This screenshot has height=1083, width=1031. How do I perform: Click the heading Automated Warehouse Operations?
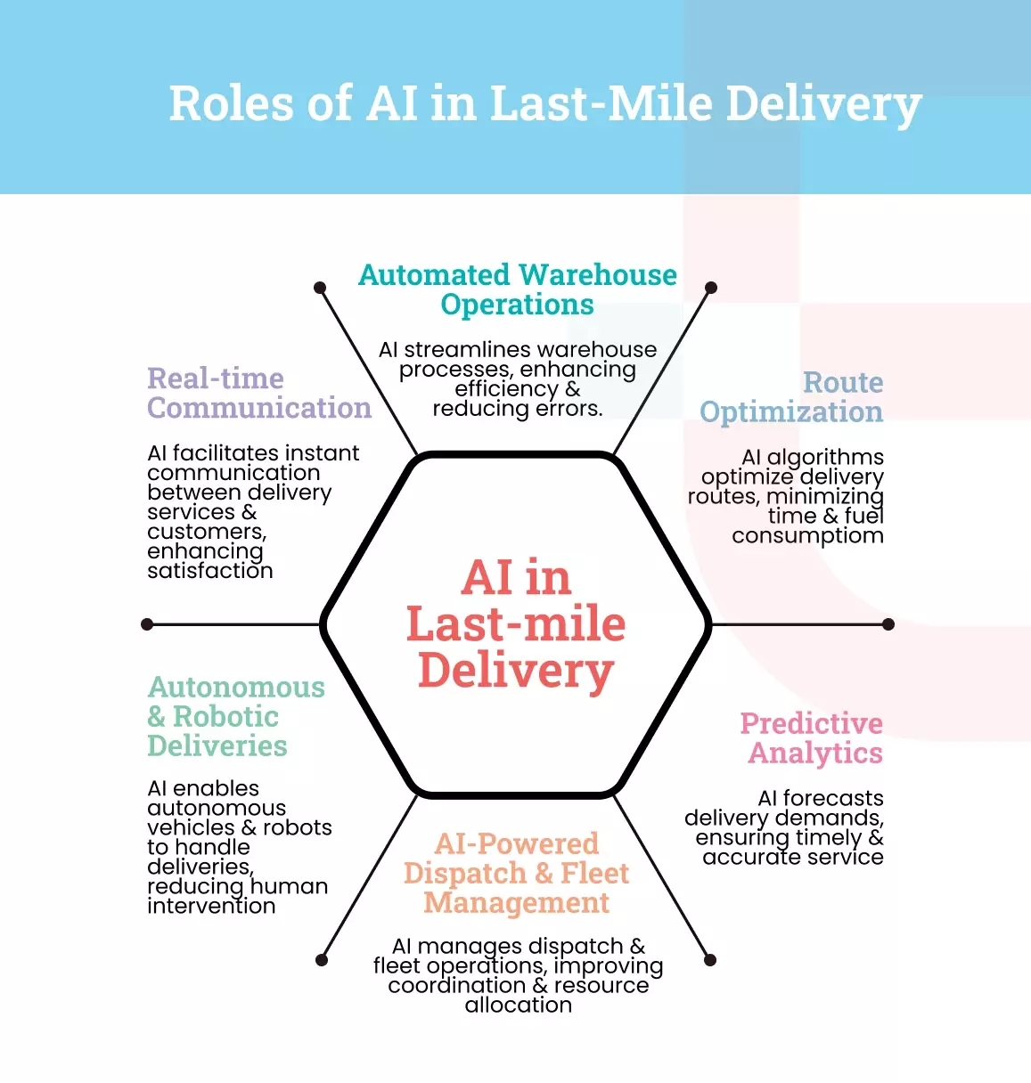[x=517, y=289]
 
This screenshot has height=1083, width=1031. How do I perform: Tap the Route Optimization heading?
[x=791, y=397]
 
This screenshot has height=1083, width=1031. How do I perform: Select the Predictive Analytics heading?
[x=812, y=737]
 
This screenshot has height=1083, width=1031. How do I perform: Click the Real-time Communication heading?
[x=258, y=393]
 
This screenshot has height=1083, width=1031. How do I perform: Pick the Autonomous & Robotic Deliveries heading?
[x=235, y=716]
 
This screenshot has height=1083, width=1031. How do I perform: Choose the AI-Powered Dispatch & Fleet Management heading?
[x=517, y=873]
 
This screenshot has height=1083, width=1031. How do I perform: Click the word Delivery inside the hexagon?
[x=516, y=671]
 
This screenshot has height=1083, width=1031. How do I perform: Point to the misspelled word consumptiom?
[x=807, y=536]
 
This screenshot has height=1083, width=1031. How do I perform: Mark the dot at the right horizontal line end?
[x=888, y=624]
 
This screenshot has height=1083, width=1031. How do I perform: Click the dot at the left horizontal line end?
[x=147, y=624]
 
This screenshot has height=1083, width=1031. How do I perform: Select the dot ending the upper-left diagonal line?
[x=320, y=288]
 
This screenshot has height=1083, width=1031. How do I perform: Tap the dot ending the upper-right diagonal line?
[x=711, y=288]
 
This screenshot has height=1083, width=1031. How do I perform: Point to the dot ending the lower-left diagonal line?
[x=322, y=959]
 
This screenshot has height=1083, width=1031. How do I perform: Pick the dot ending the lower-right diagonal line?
[x=710, y=959]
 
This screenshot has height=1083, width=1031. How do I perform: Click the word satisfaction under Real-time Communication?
[x=210, y=571]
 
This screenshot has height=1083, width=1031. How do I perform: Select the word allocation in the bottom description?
[x=518, y=1006]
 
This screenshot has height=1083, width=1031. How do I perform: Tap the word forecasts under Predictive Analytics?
[x=833, y=798]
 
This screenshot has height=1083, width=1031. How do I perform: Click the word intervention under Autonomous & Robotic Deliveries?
[x=211, y=907]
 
